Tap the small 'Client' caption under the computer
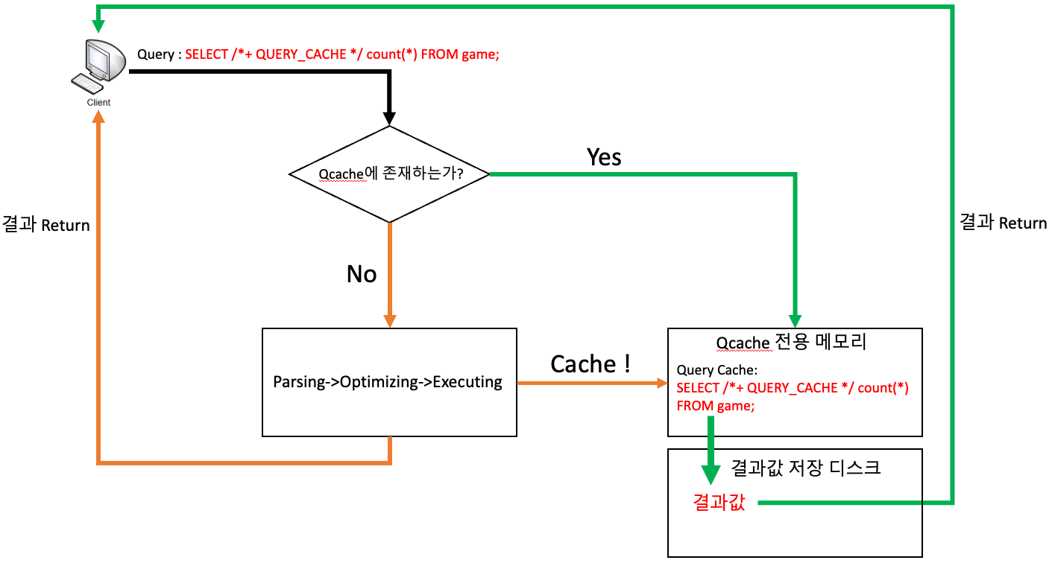98,103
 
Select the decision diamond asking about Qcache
389,174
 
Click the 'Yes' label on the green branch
604,157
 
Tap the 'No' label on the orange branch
362,274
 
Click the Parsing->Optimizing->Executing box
388,382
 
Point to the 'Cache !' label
591,364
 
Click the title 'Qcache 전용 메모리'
791,343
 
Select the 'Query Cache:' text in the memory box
716,370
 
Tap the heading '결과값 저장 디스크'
806,468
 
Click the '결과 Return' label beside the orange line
46,225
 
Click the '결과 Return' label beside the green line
1003,223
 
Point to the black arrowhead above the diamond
389,117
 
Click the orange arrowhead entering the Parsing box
389,320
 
